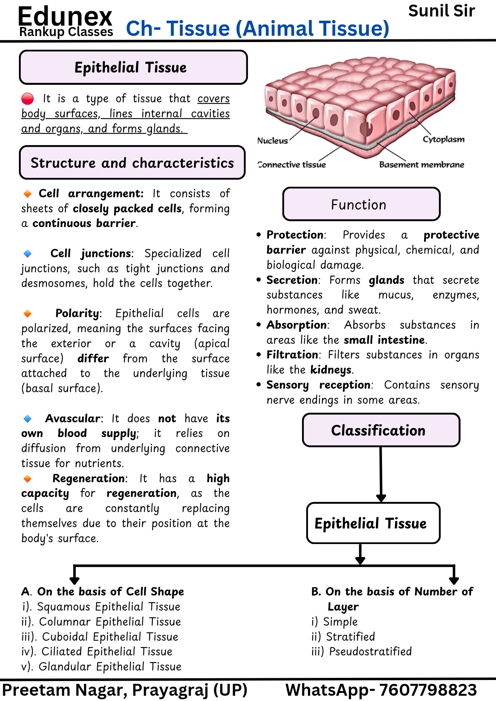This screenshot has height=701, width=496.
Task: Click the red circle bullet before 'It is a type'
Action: (x=27, y=99)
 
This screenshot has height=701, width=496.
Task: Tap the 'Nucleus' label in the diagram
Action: (x=273, y=141)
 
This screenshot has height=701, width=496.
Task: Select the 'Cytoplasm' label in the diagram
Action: (x=443, y=139)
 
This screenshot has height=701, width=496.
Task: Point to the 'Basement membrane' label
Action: (x=422, y=165)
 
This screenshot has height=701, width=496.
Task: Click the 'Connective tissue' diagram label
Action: (x=292, y=165)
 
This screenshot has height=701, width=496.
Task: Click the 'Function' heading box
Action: (x=361, y=204)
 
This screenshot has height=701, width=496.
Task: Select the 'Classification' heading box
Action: (x=381, y=430)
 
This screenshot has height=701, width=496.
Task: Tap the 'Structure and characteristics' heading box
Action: (x=132, y=163)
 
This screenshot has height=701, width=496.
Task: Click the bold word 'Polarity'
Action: (x=77, y=313)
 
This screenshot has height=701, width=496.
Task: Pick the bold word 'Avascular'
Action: (x=73, y=418)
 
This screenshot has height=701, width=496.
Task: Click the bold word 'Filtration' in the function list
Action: (x=292, y=355)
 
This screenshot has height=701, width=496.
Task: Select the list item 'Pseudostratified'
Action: (x=361, y=652)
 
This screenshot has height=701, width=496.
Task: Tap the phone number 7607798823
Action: (x=428, y=690)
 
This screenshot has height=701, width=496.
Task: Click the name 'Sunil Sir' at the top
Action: (x=442, y=11)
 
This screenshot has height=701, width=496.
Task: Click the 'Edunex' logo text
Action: (x=65, y=16)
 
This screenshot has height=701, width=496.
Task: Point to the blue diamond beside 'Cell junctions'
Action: (x=27, y=253)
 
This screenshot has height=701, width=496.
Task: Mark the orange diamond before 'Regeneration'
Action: (x=27, y=478)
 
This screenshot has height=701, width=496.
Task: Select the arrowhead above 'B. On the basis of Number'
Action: (x=454, y=580)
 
